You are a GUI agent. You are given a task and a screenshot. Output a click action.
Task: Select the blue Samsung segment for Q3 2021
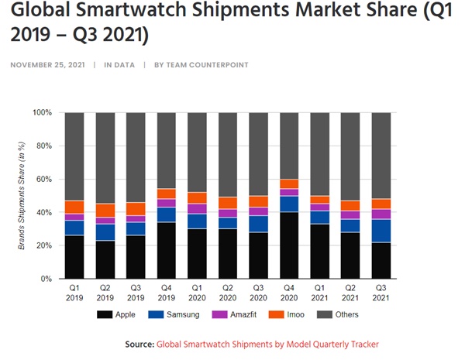381,231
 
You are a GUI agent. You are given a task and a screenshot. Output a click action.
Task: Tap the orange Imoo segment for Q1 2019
74,207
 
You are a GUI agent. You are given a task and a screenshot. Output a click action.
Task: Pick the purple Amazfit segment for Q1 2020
197,209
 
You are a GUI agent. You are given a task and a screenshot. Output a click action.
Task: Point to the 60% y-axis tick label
43,179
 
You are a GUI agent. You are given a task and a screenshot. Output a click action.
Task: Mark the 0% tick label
46,279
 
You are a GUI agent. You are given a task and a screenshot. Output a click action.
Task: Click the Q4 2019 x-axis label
166,293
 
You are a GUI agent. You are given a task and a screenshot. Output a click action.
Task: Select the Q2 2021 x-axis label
350,293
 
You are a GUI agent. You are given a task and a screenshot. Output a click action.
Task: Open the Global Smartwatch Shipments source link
267,344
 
